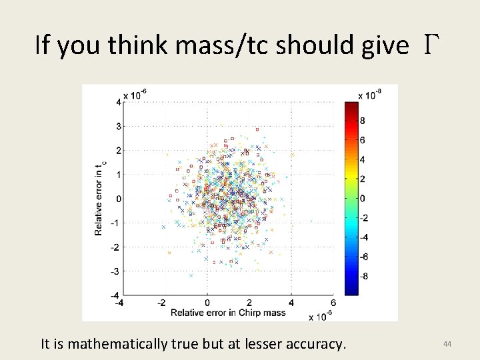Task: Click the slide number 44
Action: [x=447, y=343]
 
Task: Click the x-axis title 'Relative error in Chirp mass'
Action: [x=228, y=312]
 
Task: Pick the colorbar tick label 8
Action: [x=362, y=121]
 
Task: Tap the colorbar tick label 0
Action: [x=362, y=199]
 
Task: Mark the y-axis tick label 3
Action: [x=118, y=126]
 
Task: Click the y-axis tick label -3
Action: [x=117, y=271]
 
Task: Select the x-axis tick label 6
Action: [x=333, y=303]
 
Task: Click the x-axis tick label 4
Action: [x=291, y=303]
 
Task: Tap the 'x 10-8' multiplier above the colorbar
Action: [x=371, y=95]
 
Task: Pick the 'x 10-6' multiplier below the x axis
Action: [x=321, y=316]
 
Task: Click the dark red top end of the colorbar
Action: [x=351, y=105]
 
